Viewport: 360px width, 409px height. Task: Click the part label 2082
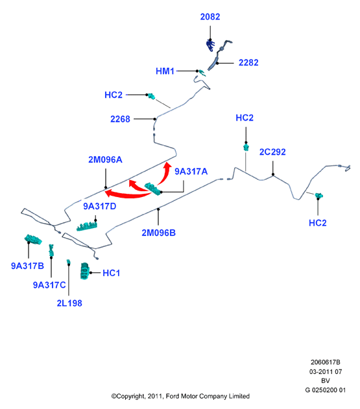210,17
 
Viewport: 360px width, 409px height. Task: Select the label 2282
248,63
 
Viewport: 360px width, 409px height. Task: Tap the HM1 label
165,71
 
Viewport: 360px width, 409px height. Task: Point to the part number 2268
120,119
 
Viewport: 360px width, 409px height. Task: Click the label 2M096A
105,159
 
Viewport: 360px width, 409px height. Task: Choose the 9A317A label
191,171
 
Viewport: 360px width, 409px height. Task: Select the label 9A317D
100,206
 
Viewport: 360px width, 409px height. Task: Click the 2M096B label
158,233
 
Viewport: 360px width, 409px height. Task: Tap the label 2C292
272,152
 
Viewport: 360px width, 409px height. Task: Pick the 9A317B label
27,266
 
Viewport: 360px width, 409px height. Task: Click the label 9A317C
49,285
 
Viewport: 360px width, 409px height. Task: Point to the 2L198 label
69,303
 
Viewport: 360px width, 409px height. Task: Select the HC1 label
111,273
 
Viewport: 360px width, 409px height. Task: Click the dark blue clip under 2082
210,45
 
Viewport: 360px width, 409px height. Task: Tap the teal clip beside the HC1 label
84,272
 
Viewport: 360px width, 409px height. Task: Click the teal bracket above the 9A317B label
33,239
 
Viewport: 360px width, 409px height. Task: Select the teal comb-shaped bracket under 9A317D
87,226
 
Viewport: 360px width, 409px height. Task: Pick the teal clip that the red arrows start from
153,189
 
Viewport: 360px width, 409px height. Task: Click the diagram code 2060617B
325,362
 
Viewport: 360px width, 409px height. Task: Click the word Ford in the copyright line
173,396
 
